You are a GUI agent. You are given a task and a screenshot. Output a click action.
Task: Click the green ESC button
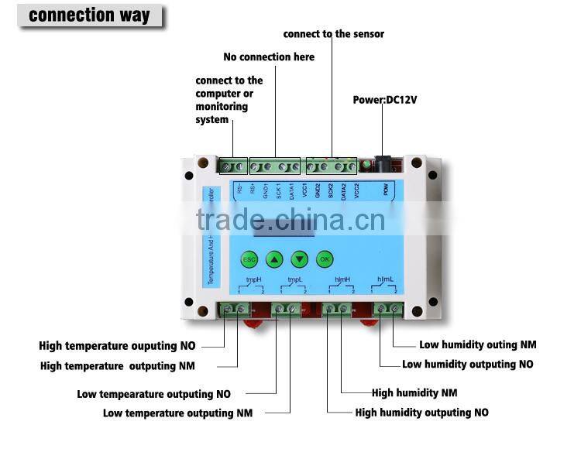(249, 259)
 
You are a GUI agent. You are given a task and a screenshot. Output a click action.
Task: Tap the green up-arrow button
(273, 259)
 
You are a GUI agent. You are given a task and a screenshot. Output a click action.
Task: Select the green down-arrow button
(299, 259)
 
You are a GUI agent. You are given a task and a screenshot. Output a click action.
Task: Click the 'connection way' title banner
(89, 15)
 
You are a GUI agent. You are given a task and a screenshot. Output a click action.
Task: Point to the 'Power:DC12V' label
(385, 100)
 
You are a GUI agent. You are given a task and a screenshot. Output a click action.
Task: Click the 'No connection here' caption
(269, 57)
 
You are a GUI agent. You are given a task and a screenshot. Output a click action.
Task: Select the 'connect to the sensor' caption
(333, 33)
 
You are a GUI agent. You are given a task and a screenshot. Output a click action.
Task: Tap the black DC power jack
(381, 164)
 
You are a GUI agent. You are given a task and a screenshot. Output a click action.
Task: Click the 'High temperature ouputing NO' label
(117, 346)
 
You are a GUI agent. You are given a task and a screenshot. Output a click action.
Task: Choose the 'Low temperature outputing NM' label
(177, 413)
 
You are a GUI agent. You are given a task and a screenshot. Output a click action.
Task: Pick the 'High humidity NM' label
(414, 392)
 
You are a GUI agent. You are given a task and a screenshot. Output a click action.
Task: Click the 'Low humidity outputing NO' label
(468, 364)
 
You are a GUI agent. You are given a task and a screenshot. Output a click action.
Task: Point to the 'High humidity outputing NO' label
(421, 413)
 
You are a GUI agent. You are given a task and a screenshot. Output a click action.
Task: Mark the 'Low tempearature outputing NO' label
(153, 394)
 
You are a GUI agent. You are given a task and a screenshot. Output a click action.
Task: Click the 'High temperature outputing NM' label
(117, 365)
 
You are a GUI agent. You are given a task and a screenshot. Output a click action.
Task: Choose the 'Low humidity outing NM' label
(477, 345)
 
